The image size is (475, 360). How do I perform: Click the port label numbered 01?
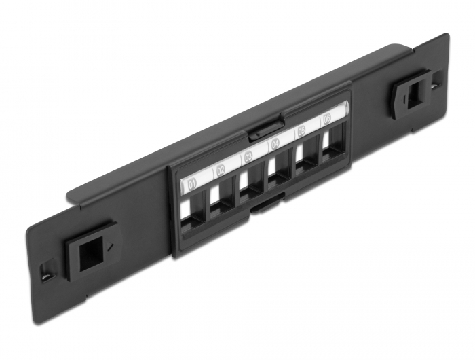pos(192,183)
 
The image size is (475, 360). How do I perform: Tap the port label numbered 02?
pos(220,170)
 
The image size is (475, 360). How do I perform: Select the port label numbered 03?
pos(248,156)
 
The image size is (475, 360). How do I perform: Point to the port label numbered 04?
pos(275,143)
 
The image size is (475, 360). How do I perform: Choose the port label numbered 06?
pos(327,119)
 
